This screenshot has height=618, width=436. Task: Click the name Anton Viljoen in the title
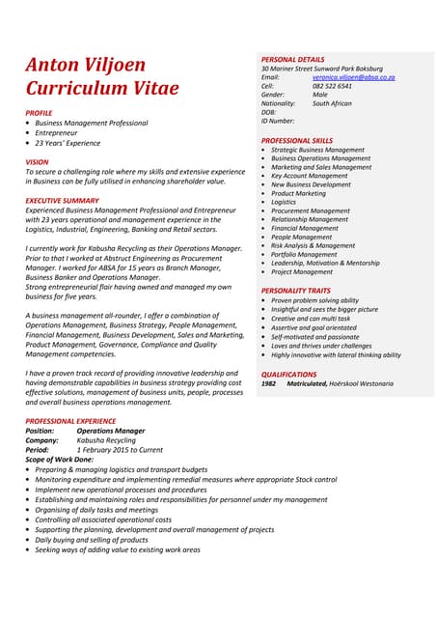[86, 65]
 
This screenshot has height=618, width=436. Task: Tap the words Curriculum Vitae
[102, 88]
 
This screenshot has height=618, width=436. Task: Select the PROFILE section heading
[40, 113]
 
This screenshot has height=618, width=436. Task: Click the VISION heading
[37, 161]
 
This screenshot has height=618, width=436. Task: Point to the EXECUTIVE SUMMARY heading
[62, 200]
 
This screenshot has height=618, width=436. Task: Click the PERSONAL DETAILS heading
[293, 60]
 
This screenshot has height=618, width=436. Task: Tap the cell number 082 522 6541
[332, 86]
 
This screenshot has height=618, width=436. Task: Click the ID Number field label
[278, 121]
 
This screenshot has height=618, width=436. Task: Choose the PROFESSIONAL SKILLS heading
[297, 141]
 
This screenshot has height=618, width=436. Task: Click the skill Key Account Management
[310, 176]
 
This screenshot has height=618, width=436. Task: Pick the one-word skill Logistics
[284, 202]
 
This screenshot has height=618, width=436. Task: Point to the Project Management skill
[302, 271]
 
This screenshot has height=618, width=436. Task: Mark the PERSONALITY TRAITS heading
[296, 291]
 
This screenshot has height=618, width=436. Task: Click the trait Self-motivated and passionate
[314, 337]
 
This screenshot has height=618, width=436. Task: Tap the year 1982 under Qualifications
[268, 383]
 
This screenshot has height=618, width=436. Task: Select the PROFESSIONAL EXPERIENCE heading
[70, 421]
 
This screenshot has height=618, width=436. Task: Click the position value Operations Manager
[111, 431]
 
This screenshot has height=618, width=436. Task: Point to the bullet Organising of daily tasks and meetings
[96, 510]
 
